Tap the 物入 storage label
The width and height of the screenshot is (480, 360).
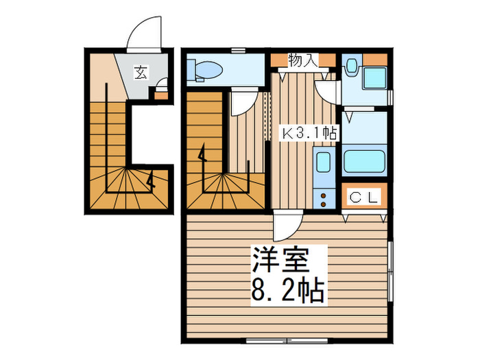pyautogui.click(x=302, y=60)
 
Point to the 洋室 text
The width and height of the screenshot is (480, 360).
pyautogui.click(x=281, y=261)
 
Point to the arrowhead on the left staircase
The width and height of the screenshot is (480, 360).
pyautogui.click(x=151, y=182)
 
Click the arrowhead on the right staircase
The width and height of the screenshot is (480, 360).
pyautogui.click(x=202, y=156)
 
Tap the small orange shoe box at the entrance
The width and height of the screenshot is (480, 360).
pyautogui.click(x=160, y=95)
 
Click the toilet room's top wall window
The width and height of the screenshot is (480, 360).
pyautogui.click(x=238, y=49)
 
